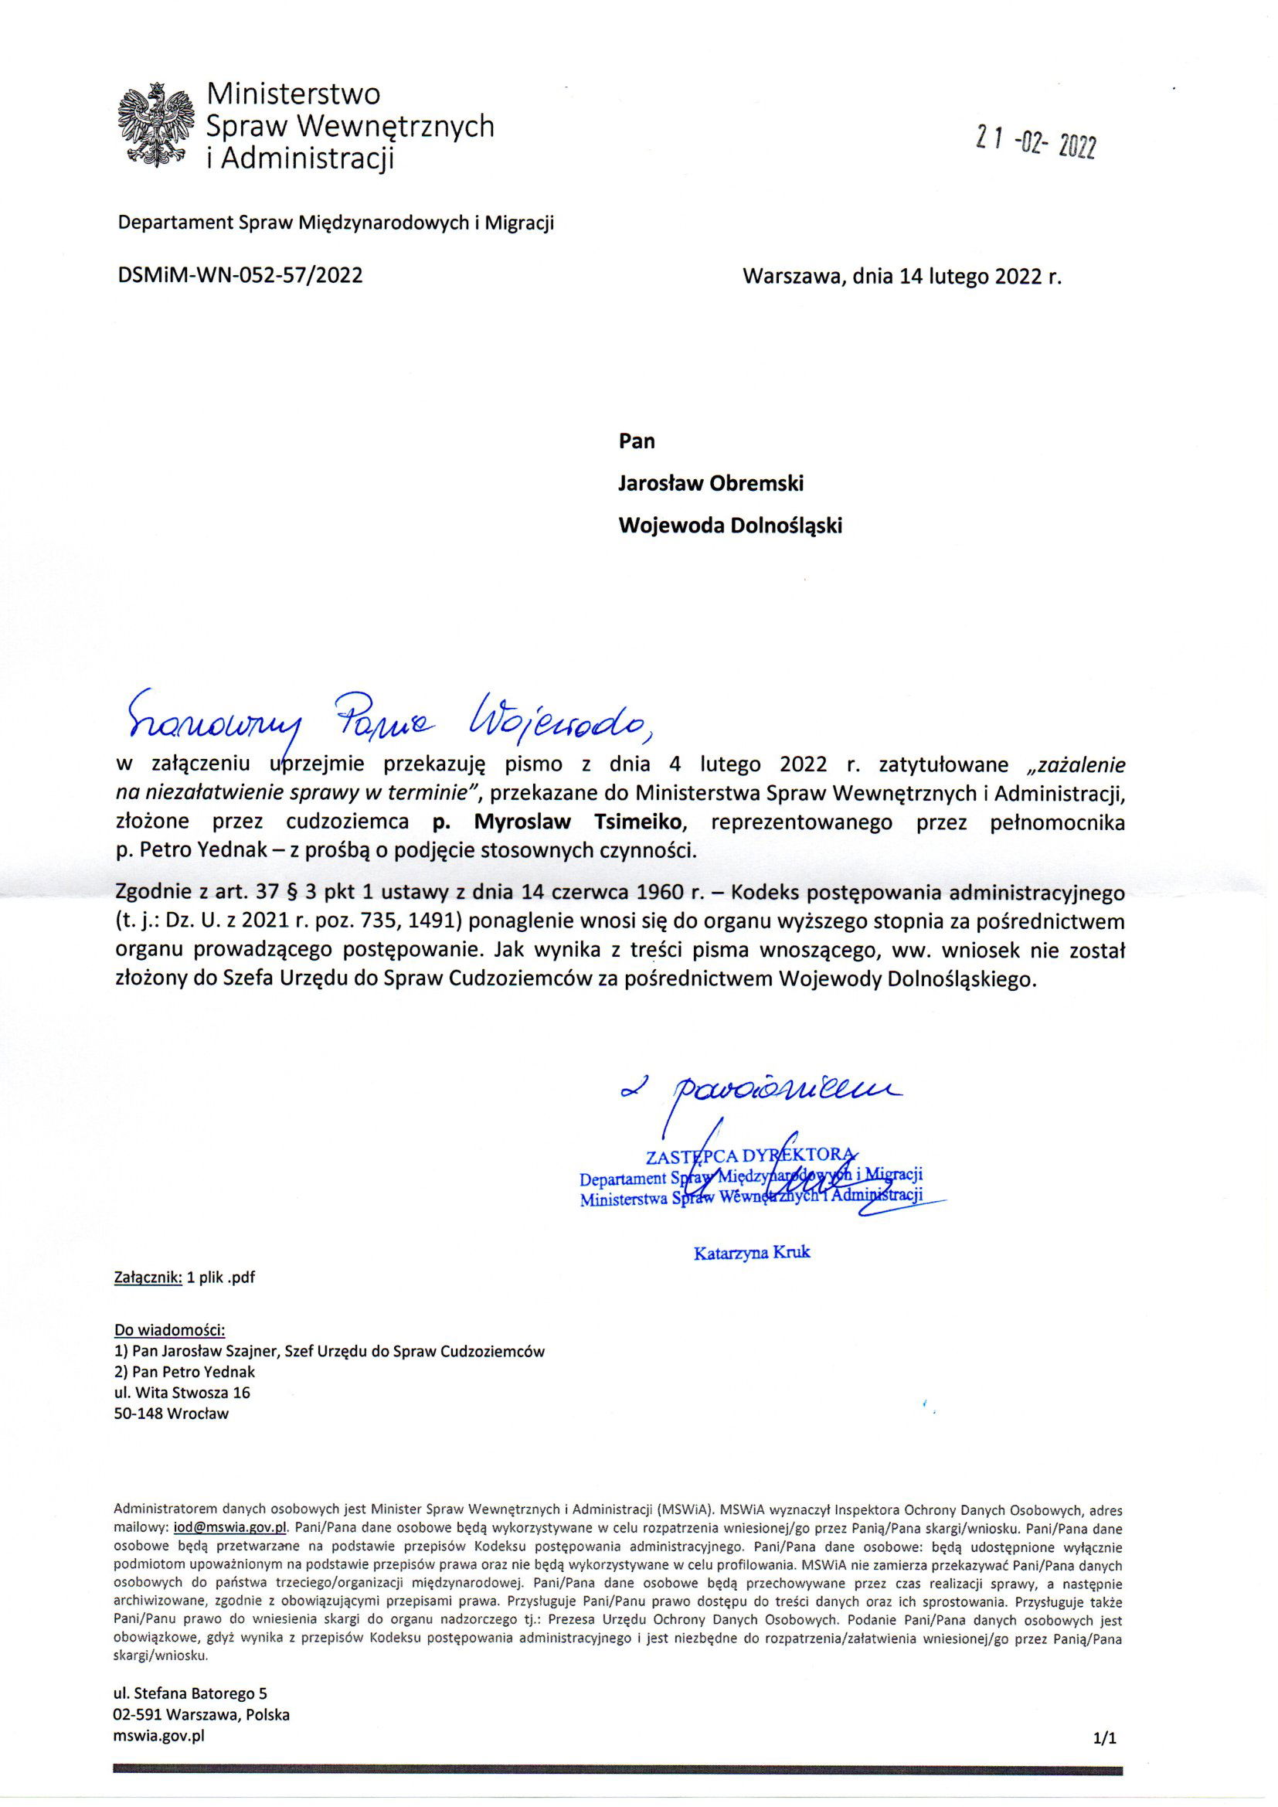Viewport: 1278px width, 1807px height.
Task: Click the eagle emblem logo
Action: click(155, 125)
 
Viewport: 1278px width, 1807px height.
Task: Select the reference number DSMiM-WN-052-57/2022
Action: click(240, 275)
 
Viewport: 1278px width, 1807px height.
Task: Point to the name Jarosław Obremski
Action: click(711, 483)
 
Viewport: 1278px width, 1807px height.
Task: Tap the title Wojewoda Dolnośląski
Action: click(730, 526)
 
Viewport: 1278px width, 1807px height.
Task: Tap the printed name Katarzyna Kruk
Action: click(752, 1252)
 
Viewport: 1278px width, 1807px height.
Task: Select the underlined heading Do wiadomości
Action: click(170, 1331)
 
